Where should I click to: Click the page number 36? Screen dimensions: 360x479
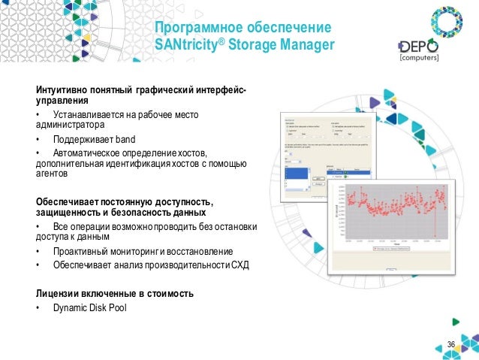(x=451, y=344)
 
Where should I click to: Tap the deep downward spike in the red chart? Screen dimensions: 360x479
(x=435, y=229)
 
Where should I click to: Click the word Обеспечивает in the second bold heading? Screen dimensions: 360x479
(x=63, y=201)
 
